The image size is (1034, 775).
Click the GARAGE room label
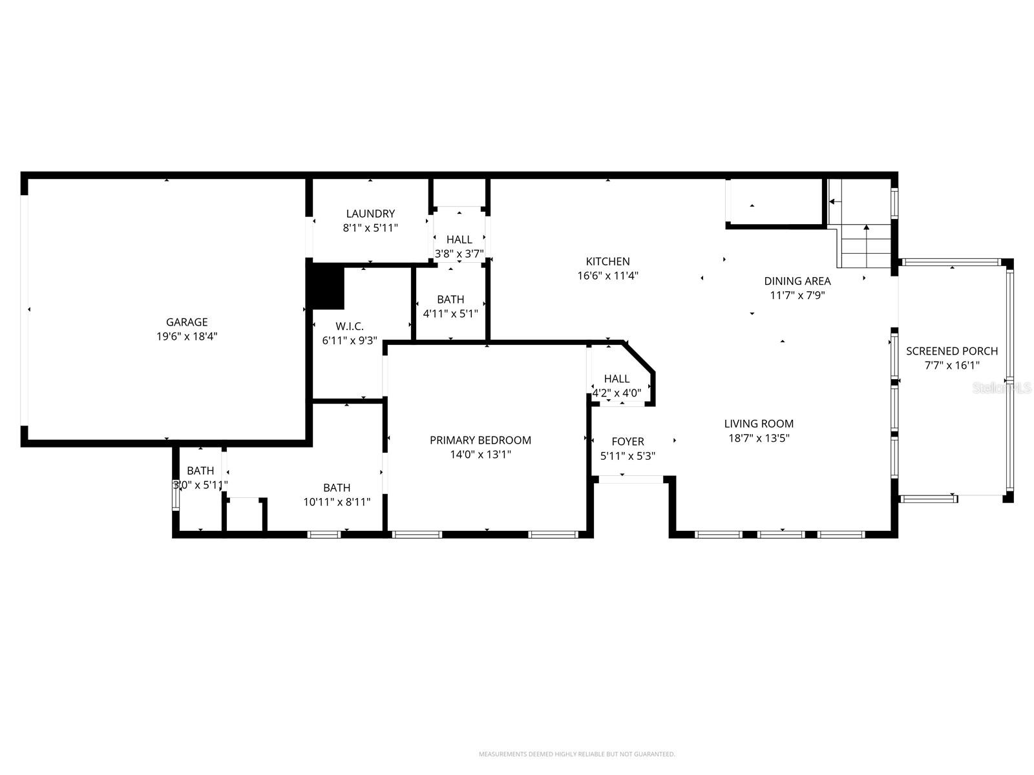click(187, 322)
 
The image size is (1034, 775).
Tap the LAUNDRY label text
click(370, 214)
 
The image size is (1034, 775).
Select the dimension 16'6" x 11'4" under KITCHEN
click(607, 276)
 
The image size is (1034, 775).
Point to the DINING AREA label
click(797, 281)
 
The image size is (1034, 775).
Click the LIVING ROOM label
click(759, 424)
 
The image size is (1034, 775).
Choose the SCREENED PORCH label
click(951, 351)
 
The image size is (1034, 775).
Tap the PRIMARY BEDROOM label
click(480, 440)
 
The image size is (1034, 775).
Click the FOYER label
click(628, 442)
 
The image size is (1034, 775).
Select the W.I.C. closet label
click(349, 327)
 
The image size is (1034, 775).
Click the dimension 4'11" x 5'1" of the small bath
click(450, 314)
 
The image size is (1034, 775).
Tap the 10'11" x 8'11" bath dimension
click(337, 502)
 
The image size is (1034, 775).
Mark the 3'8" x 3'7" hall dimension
click(459, 254)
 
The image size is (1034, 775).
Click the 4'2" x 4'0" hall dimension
click(617, 393)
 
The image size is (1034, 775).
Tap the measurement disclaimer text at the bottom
click(576, 754)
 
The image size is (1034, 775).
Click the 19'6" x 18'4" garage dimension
click(187, 336)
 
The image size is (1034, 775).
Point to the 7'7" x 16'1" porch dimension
click(951, 366)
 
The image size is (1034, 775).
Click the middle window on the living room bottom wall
click(781, 535)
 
